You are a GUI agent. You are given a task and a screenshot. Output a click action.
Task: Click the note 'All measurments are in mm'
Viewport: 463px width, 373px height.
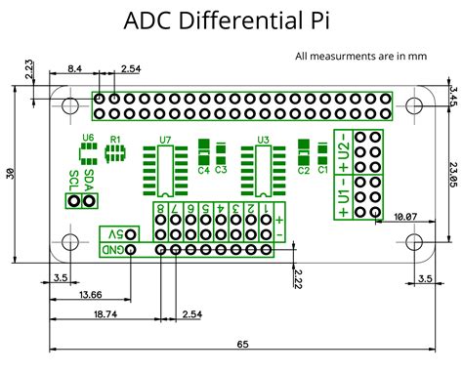tap(361, 57)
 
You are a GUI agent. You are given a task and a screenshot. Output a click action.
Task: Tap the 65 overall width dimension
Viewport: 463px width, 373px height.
tap(241, 345)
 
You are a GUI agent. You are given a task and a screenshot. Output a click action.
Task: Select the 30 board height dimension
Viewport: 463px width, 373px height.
tap(11, 173)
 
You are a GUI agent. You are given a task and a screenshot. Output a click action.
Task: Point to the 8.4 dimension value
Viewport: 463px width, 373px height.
tap(74, 67)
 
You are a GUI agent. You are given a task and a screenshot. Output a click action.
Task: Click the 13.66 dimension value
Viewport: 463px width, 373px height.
tap(90, 295)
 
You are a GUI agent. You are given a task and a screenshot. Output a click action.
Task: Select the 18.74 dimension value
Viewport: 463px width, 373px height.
tap(105, 314)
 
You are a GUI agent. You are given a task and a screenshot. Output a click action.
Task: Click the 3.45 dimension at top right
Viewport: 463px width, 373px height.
tap(453, 97)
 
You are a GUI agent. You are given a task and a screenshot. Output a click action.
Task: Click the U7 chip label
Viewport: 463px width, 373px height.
tap(165, 140)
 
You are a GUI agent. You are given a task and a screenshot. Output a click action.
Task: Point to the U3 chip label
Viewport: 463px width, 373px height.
tap(263, 140)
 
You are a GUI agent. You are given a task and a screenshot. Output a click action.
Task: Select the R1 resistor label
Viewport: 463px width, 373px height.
tap(115, 140)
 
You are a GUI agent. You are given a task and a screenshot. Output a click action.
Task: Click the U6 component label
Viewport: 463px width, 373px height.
tap(88, 139)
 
